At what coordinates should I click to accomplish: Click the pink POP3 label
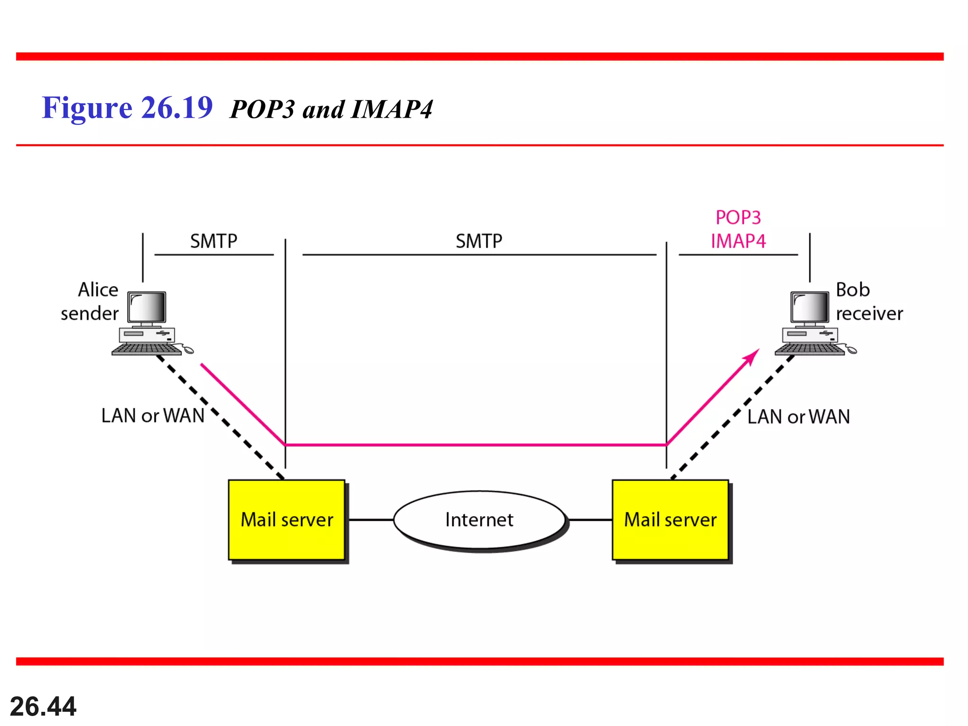tap(738, 218)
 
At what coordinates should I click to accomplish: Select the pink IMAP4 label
tap(738, 242)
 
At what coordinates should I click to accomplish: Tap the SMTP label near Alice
tap(214, 242)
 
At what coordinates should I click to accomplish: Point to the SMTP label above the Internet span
tap(479, 242)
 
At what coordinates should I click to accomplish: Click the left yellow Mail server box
tap(287, 520)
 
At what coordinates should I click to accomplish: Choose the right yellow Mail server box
tap(670, 520)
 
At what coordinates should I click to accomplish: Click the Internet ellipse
tap(479, 520)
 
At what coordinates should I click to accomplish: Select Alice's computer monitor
tap(147, 308)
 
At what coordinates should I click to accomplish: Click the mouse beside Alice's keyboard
tap(188, 350)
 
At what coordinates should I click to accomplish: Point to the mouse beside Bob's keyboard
tap(852, 350)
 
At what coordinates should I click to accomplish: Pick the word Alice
tap(98, 290)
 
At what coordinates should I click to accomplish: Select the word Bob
tap(853, 290)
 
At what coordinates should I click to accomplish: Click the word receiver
tap(869, 314)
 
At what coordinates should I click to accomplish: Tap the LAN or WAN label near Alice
tap(153, 416)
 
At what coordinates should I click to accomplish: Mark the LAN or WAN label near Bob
tap(798, 417)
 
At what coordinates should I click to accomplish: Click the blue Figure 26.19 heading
tap(127, 108)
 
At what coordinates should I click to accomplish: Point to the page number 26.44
tap(43, 707)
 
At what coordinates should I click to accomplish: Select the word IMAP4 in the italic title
tap(392, 110)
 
